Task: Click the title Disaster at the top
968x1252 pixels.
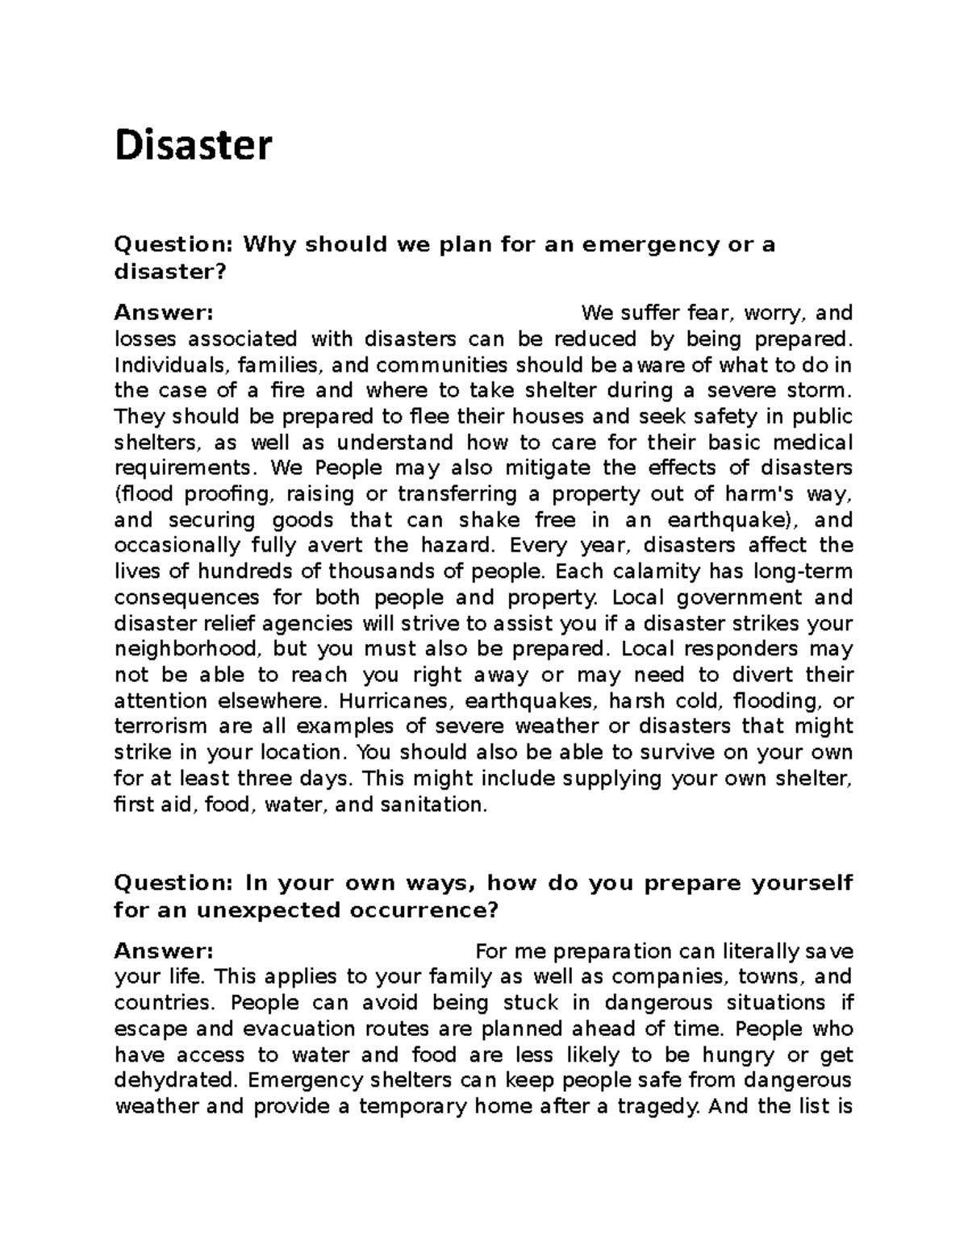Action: (x=194, y=147)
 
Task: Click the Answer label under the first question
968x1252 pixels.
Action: (x=164, y=312)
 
